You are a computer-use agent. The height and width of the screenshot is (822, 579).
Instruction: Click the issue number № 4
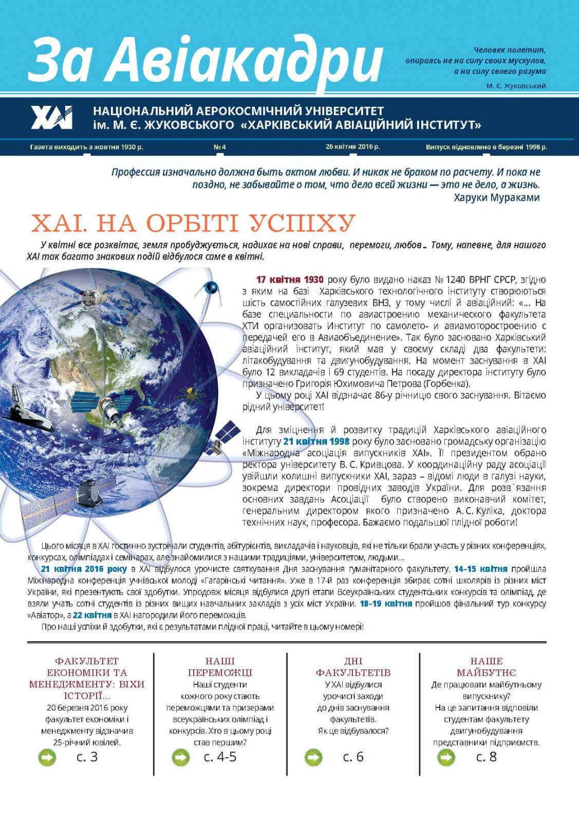click(x=219, y=147)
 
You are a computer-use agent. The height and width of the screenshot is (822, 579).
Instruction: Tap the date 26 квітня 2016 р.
click(x=352, y=146)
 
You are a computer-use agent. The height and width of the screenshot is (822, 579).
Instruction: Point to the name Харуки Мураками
click(x=496, y=197)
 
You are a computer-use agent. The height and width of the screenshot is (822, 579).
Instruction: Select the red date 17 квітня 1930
click(x=290, y=280)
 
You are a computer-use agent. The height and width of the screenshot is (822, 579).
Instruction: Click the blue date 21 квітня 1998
click(x=316, y=441)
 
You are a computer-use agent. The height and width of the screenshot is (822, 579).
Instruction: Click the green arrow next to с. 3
click(x=47, y=757)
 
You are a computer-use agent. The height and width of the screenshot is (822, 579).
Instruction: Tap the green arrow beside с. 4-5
click(x=180, y=757)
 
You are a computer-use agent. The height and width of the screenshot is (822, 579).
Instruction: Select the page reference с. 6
click(x=353, y=757)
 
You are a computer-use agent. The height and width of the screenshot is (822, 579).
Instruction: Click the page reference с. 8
click(x=486, y=757)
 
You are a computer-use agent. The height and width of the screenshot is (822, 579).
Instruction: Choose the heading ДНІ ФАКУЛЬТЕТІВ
click(x=353, y=667)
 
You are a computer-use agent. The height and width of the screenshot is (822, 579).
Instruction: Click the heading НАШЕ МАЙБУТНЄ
click(x=486, y=667)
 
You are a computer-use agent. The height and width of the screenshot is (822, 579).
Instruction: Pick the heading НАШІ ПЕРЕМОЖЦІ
click(x=220, y=667)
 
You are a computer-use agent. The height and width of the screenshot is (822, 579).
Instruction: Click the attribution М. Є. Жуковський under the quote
click(x=516, y=86)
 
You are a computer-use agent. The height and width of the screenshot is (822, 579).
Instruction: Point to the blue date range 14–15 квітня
click(x=480, y=569)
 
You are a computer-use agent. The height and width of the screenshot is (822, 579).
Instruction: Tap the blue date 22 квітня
click(x=92, y=615)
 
